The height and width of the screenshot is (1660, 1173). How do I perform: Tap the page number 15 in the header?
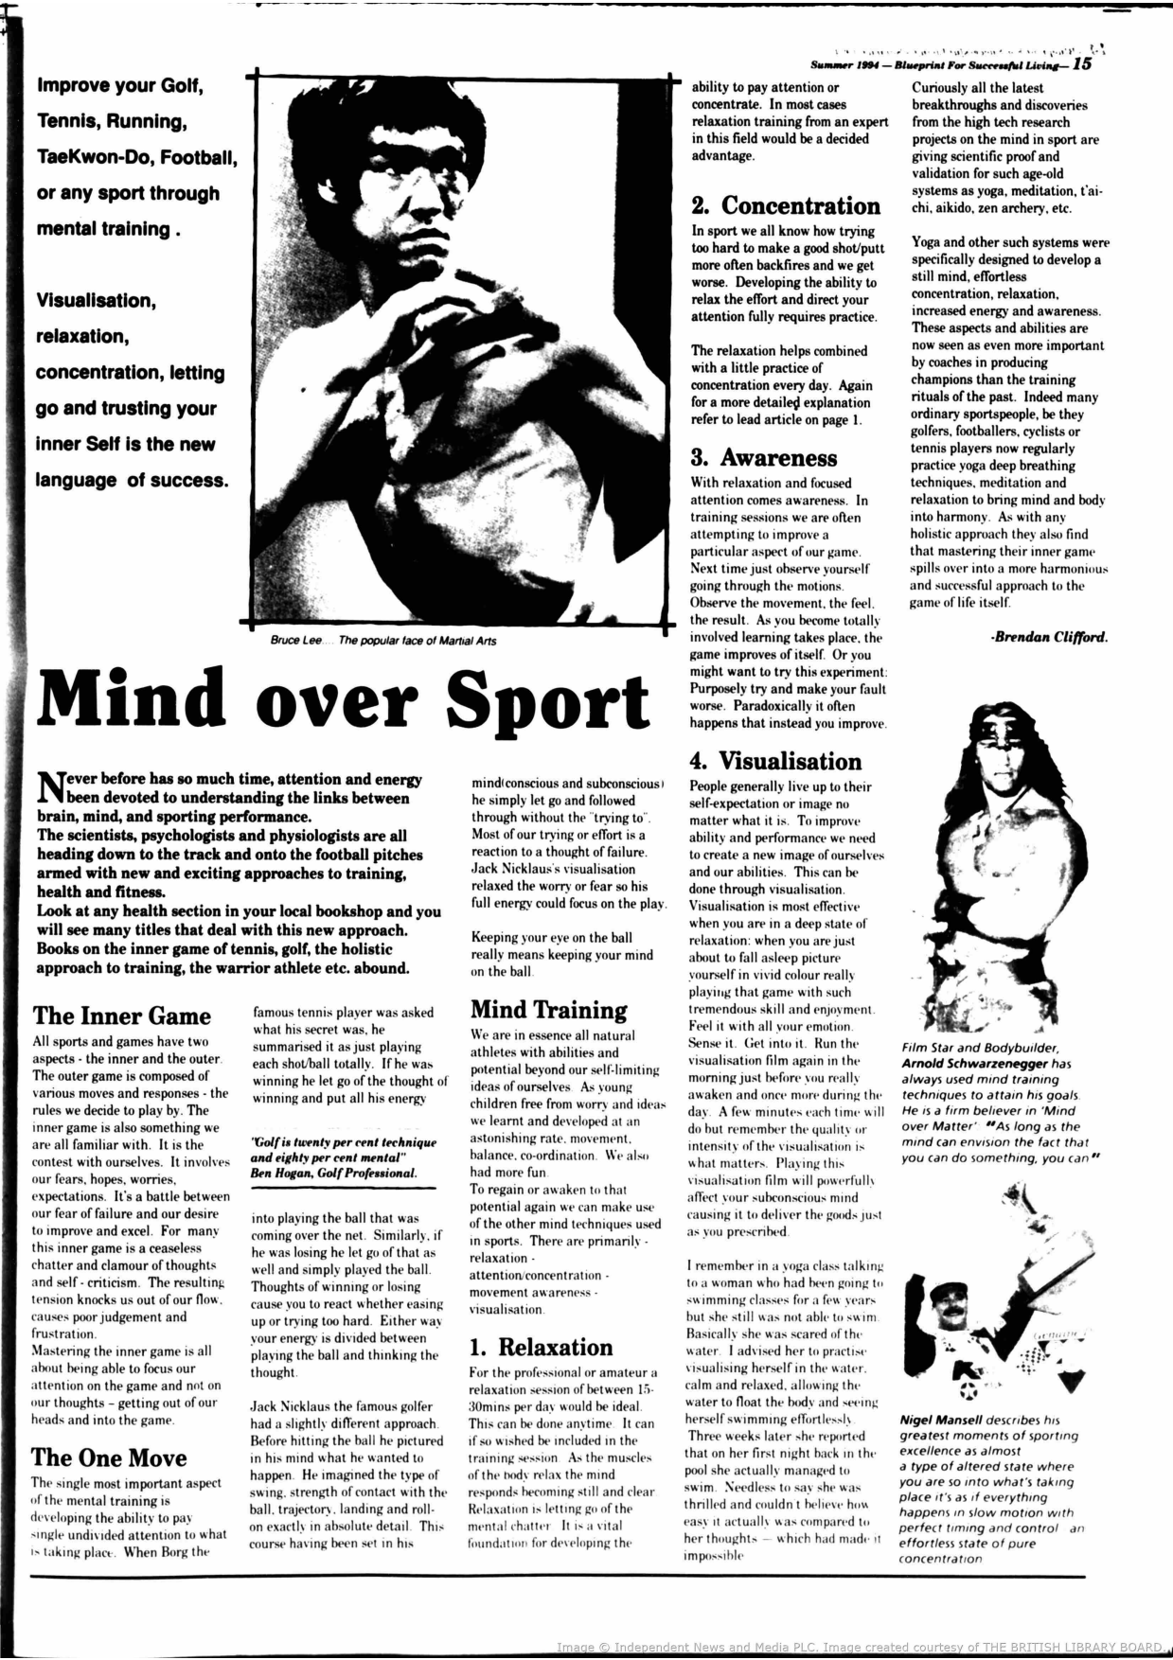point(1083,64)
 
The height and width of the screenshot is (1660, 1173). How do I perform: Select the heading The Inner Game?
point(121,1015)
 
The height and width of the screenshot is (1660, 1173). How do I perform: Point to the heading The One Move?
point(109,1457)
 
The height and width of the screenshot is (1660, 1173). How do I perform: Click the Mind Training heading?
point(549,1010)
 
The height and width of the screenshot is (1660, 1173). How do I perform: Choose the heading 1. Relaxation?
point(542,1347)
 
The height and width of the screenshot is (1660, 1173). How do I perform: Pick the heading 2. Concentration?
point(786,205)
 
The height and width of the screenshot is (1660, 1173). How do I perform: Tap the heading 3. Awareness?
point(764,457)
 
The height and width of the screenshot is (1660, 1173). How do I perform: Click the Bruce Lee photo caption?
point(382,641)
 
